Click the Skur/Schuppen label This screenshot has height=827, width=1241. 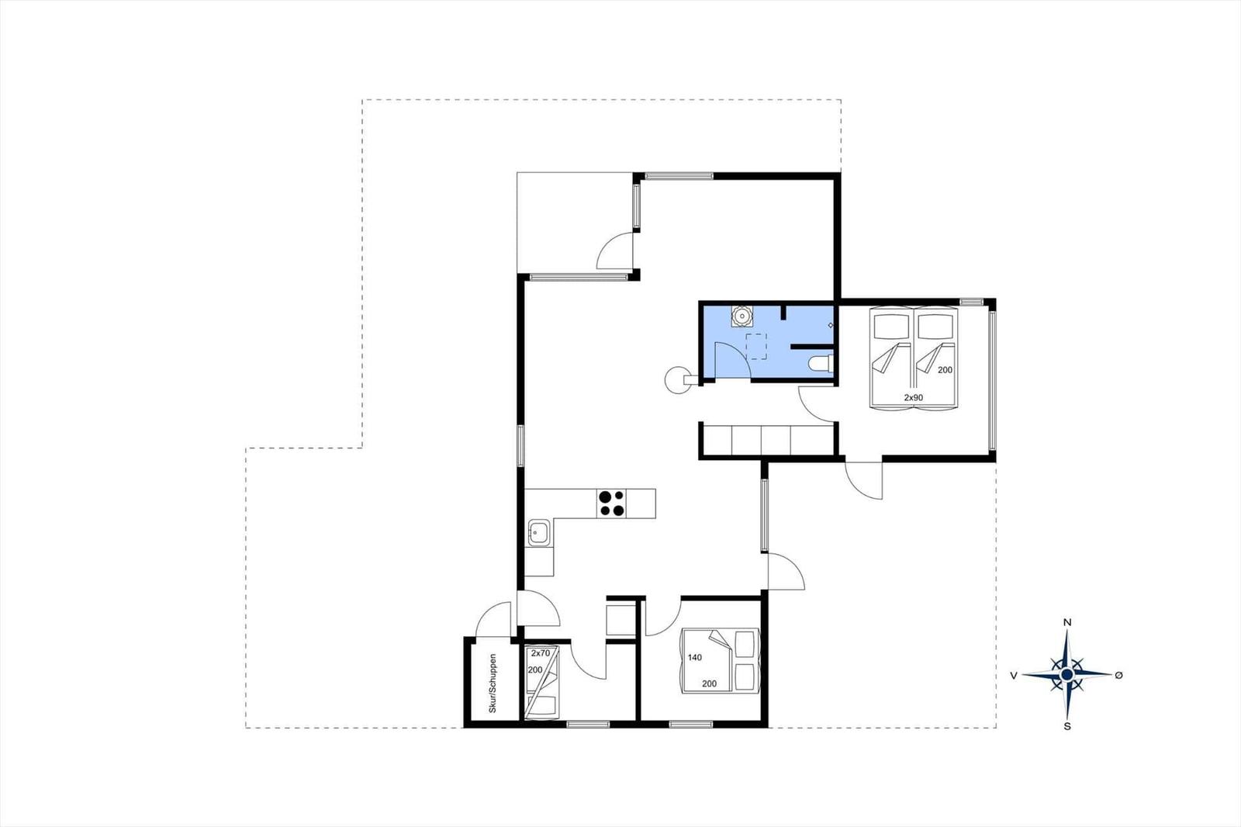(x=493, y=683)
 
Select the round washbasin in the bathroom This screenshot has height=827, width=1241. (x=741, y=316)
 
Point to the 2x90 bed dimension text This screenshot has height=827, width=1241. (x=914, y=397)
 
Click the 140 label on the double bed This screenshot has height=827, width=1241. (x=695, y=657)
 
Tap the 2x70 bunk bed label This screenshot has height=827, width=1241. (x=541, y=653)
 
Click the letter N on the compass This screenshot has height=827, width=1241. (x=1067, y=622)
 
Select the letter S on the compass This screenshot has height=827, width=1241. (x=1067, y=726)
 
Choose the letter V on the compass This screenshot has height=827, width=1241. (x=1014, y=675)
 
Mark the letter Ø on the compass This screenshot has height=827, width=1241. (x=1118, y=675)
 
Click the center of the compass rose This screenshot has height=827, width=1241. (x=1067, y=675)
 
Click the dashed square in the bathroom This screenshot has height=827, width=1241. (x=756, y=347)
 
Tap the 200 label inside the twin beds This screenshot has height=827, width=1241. (x=945, y=370)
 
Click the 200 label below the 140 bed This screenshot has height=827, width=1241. (x=709, y=683)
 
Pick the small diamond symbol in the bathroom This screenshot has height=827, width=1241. (x=831, y=325)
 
